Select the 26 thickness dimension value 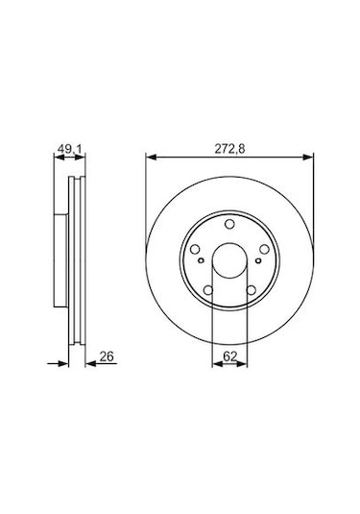106,357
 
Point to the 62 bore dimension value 229,357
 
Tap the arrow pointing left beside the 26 91,365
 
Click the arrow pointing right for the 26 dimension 64,365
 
